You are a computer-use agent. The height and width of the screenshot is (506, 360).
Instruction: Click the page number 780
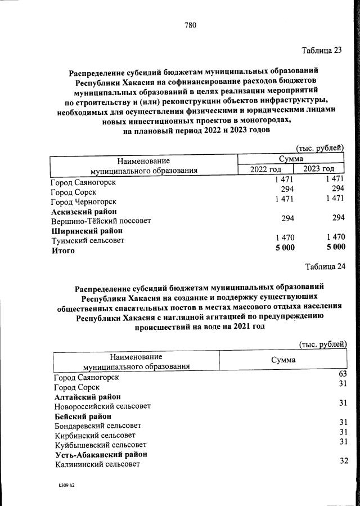point(190,25)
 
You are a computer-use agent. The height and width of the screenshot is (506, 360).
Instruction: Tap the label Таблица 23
point(322,50)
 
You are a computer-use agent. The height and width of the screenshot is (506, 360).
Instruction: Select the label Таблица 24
point(325,266)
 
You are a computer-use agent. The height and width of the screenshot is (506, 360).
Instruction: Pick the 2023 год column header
point(319,169)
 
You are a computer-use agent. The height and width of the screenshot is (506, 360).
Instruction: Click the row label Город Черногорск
point(83,201)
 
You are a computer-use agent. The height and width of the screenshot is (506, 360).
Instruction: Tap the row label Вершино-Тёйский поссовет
point(101,221)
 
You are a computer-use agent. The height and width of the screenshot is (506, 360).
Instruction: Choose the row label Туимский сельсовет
point(88,241)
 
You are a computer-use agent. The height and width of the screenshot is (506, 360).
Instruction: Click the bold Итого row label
point(63,251)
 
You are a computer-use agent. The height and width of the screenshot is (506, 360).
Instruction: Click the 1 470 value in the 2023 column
point(334,238)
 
